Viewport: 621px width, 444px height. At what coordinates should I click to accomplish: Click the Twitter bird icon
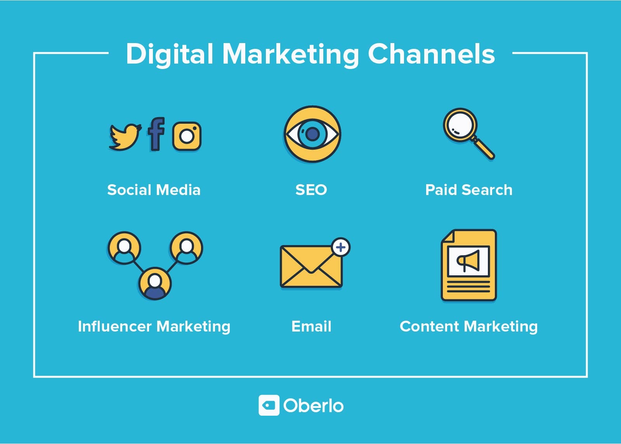click(x=125, y=136)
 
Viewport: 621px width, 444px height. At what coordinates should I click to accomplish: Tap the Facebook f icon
click(x=156, y=134)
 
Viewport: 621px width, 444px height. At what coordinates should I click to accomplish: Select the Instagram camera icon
click(x=187, y=136)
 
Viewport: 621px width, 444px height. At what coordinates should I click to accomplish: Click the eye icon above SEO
click(x=312, y=134)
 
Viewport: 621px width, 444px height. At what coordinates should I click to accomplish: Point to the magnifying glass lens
click(x=460, y=125)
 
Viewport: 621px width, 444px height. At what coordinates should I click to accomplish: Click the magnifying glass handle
click(x=484, y=149)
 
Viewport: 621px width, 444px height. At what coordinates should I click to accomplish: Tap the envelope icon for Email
click(x=311, y=267)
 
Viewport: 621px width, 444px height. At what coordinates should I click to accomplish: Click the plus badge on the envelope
click(x=341, y=247)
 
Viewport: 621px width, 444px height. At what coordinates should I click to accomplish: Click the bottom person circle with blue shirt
click(x=155, y=283)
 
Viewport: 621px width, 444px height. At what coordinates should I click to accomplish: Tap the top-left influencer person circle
click(x=124, y=248)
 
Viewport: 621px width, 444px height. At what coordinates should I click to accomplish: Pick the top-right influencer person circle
click(x=186, y=248)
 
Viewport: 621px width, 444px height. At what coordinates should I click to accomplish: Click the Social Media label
click(x=154, y=190)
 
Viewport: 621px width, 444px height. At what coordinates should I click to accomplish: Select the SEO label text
click(x=311, y=190)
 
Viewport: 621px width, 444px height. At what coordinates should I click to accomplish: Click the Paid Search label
click(x=468, y=190)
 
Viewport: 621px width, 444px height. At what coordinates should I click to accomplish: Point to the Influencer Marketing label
click(x=154, y=327)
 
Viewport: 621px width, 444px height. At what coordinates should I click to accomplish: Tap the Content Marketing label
click(x=468, y=327)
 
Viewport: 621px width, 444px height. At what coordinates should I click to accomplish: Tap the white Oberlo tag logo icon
click(x=269, y=406)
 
